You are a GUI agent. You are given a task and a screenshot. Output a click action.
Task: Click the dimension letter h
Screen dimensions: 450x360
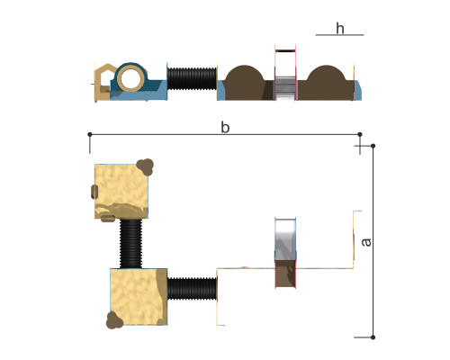(340, 29)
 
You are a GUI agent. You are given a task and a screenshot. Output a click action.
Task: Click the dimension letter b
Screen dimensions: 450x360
(225, 127)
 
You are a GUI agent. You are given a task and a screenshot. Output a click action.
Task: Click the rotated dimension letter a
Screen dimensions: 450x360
(366, 242)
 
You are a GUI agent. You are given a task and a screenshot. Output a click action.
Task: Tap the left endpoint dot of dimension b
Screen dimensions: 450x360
(90, 134)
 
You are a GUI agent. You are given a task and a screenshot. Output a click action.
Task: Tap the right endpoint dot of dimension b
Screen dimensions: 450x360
(360, 134)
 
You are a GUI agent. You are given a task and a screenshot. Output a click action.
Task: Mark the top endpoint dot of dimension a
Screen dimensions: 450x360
(373, 146)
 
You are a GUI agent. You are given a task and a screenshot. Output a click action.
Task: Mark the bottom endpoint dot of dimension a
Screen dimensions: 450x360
(373, 337)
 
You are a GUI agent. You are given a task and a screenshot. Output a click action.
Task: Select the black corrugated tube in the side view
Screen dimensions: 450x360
(192, 78)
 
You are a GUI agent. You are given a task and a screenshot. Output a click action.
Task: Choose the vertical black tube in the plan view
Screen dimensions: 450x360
(130, 243)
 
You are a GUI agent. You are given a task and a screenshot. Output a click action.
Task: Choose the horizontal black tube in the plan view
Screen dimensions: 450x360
(192, 289)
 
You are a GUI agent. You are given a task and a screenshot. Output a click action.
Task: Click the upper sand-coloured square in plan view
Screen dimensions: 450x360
(121, 191)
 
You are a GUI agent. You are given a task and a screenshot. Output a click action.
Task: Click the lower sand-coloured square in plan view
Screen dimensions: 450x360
(139, 297)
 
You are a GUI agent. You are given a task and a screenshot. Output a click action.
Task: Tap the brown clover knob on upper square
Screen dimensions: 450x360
(145, 166)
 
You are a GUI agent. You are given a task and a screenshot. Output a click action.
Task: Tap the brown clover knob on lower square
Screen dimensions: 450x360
(114, 320)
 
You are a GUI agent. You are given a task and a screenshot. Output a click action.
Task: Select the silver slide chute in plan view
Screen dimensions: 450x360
(285, 239)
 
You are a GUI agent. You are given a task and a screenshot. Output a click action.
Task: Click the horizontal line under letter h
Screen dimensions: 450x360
(339, 35)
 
